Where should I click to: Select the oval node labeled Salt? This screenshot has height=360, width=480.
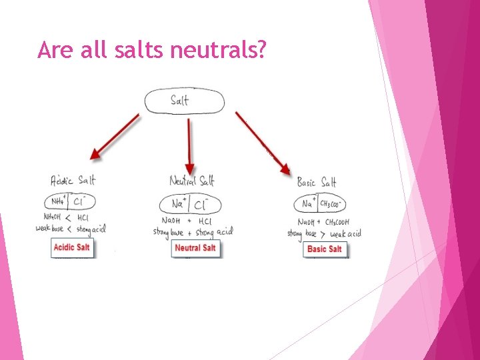[185, 101]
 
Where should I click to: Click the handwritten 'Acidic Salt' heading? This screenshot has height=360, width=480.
[73, 180]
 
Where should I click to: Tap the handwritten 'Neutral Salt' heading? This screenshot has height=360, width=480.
[191, 181]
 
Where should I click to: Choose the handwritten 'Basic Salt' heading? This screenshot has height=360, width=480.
[317, 182]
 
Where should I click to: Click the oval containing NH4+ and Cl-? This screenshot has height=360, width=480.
[70, 201]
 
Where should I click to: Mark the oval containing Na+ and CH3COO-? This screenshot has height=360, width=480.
[323, 204]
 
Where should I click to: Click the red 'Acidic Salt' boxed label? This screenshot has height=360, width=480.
[73, 247]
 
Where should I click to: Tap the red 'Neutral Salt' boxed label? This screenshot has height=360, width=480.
[195, 248]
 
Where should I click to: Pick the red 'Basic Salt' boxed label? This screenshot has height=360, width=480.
[325, 249]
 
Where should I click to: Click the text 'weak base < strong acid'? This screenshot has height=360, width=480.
[71, 229]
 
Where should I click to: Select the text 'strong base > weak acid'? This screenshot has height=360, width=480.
[324, 233]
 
